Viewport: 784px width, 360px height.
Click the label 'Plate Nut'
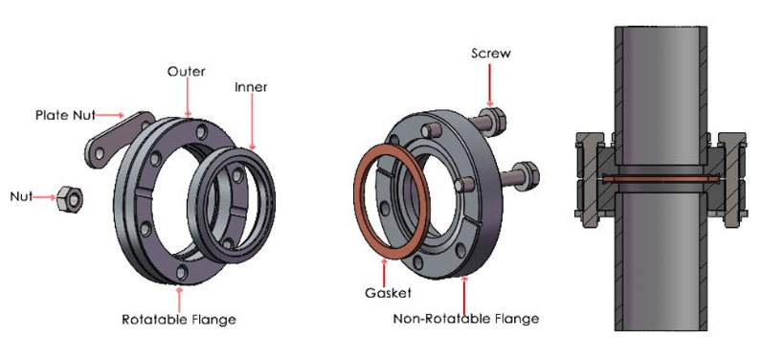pos(65,116)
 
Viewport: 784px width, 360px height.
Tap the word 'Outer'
pos(186,72)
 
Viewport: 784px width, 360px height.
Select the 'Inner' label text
pos(251,87)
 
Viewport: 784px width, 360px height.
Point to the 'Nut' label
pos(21,196)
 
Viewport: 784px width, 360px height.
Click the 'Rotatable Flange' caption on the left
pos(178,319)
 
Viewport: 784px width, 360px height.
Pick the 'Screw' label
pos(491,53)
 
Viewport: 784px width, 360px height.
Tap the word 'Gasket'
pos(388,293)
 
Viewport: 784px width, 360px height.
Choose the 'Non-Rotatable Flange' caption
pos(466,319)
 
